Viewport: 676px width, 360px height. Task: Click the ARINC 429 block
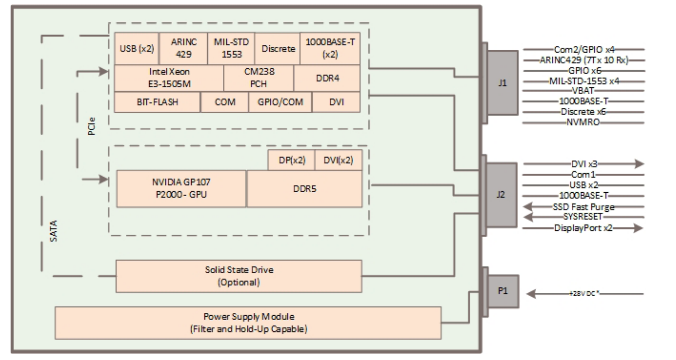pyautogui.click(x=183, y=48)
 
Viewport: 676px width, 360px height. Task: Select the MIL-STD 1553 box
pyautogui.click(x=231, y=48)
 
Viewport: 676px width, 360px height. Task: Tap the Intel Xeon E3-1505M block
pyautogui.click(x=169, y=78)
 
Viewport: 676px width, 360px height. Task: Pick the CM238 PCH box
pyautogui.click(x=259, y=78)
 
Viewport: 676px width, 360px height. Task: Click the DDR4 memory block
pyautogui.click(x=327, y=78)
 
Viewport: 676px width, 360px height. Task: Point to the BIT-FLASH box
pyautogui.click(x=157, y=102)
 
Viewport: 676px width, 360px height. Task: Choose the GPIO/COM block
pyautogui.click(x=280, y=102)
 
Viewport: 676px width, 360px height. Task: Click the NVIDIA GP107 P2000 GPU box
pyautogui.click(x=181, y=188)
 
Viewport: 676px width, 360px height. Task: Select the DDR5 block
pyautogui.click(x=305, y=189)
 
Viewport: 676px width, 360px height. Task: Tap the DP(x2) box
pyautogui.click(x=292, y=160)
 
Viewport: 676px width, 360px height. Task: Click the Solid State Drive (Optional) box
pyautogui.click(x=239, y=276)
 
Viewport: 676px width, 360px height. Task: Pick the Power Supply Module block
pyautogui.click(x=248, y=323)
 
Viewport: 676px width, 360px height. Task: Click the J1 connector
pyautogui.click(x=502, y=83)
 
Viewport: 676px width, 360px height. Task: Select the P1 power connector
pyautogui.click(x=503, y=291)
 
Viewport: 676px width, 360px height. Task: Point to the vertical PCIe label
pyautogui.click(x=91, y=126)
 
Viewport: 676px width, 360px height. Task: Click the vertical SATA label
pyautogui.click(x=54, y=231)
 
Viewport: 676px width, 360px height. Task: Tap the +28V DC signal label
pyautogui.click(x=584, y=293)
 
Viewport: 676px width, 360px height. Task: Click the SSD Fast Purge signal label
pyautogui.click(x=583, y=207)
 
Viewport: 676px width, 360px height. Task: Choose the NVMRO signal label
pyautogui.click(x=583, y=122)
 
